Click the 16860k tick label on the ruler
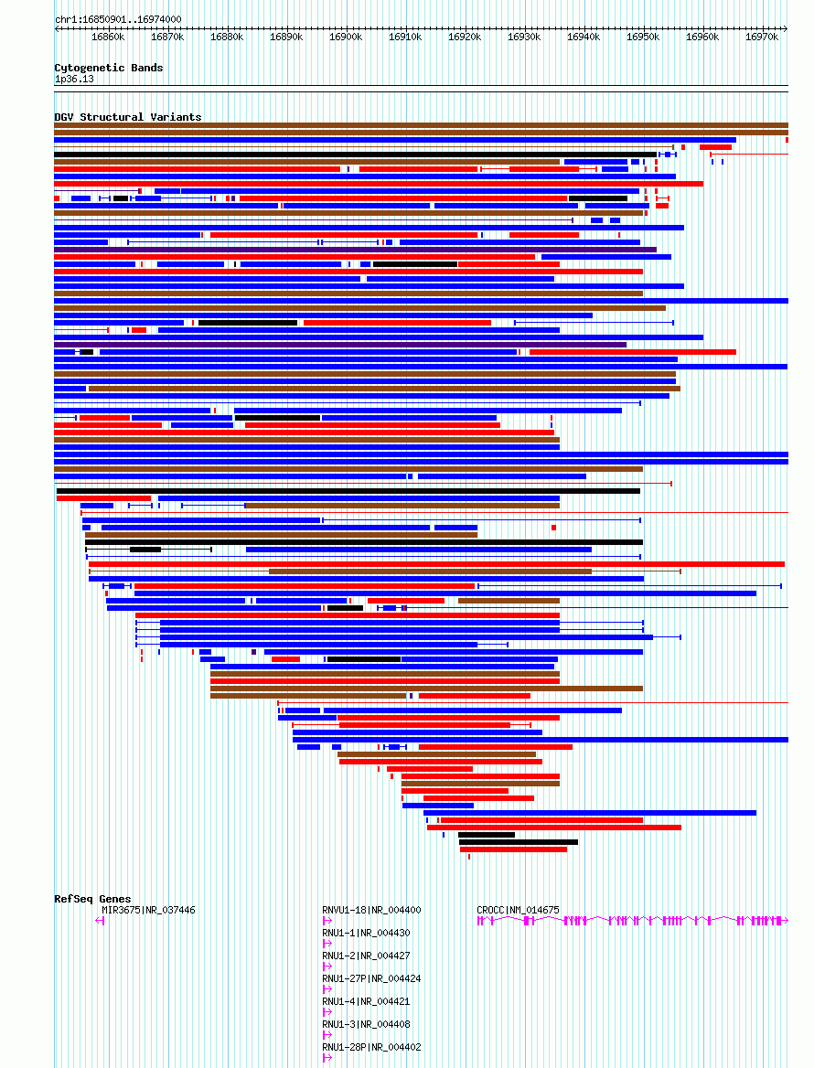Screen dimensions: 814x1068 [108, 37]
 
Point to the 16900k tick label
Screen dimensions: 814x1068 [346, 37]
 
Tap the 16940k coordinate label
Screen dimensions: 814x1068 [584, 37]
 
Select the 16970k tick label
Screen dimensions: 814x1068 [762, 37]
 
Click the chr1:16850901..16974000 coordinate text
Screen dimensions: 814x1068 [118, 20]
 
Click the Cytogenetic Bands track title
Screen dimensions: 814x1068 [108, 68]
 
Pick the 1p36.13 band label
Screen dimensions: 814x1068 [74, 79]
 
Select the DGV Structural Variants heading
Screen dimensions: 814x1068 [127, 117]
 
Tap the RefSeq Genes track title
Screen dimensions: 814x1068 [92, 899]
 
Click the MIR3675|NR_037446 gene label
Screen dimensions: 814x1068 [148, 910]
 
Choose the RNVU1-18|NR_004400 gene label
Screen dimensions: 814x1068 [371, 910]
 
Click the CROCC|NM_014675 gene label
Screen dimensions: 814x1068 [518, 910]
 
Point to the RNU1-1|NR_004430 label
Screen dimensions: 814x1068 [366, 934]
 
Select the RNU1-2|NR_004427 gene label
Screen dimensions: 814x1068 [366, 956]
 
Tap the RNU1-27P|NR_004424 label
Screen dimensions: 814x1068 [371, 978]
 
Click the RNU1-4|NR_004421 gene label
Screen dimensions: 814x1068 [366, 1001]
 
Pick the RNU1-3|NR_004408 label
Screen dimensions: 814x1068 [366, 1024]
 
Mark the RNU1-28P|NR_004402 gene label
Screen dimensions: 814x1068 [371, 1047]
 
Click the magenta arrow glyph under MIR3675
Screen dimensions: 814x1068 [100, 921]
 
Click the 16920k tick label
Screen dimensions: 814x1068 [465, 37]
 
